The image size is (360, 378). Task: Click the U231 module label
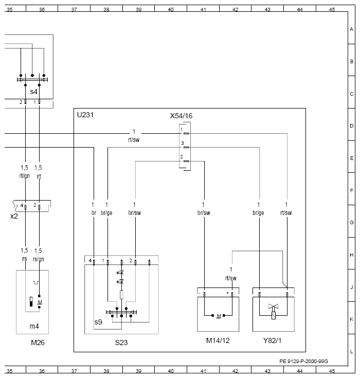pyautogui.click(x=85, y=115)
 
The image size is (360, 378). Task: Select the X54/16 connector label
pyautogui.click(x=181, y=116)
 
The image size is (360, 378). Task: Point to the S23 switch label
pyautogui.click(x=121, y=343)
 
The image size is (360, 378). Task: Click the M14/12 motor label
pyautogui.click(x=218, y=340)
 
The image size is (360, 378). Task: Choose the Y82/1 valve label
pyautogui.click(x=272, y=340)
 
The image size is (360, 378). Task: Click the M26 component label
pyautogui.click(x=38, y=343)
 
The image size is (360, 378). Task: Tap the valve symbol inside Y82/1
pyautogui.click(x=274, y=311)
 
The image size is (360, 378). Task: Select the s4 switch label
pyautogui.click(x=33, y=92)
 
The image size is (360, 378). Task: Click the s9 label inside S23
pyautogui.click(x=98, y=322)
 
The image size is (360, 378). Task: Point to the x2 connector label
pyautogui.click(x=14, y=216)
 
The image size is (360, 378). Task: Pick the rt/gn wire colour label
pyautogui.click(x=25, y=176)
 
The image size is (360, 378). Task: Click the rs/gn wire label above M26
pyautogui.click(x=39, y=259)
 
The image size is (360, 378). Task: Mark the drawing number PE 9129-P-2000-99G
pyautogui.click(x=303, y=361)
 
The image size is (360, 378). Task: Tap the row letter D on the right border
pyautogui.click(x=352, y=125)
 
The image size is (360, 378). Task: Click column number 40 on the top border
pyautogui.click(x=171, y=9)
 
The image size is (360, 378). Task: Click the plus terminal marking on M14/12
pyautogui.click(x=227, y=293)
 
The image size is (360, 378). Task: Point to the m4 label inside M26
pyautogui.click(x=34, y=326)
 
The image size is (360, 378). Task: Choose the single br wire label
pyautogui.click(x=94, y=213)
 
